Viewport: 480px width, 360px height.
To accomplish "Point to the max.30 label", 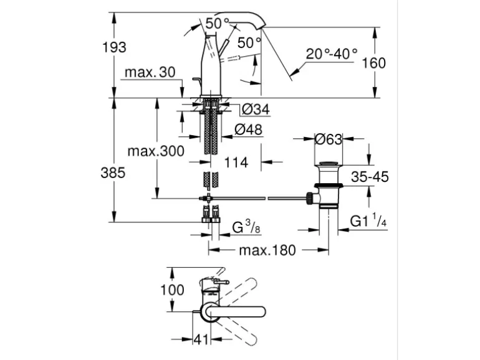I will [150, 72].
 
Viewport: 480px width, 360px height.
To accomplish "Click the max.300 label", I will [156, 151].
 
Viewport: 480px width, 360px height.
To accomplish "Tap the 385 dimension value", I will [113, 173].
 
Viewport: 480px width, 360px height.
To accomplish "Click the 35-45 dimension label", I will [370, 178].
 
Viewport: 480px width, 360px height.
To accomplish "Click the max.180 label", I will [267, 250].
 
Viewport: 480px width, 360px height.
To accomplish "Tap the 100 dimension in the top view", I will [172, 290].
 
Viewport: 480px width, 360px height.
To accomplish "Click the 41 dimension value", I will [199, 341].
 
